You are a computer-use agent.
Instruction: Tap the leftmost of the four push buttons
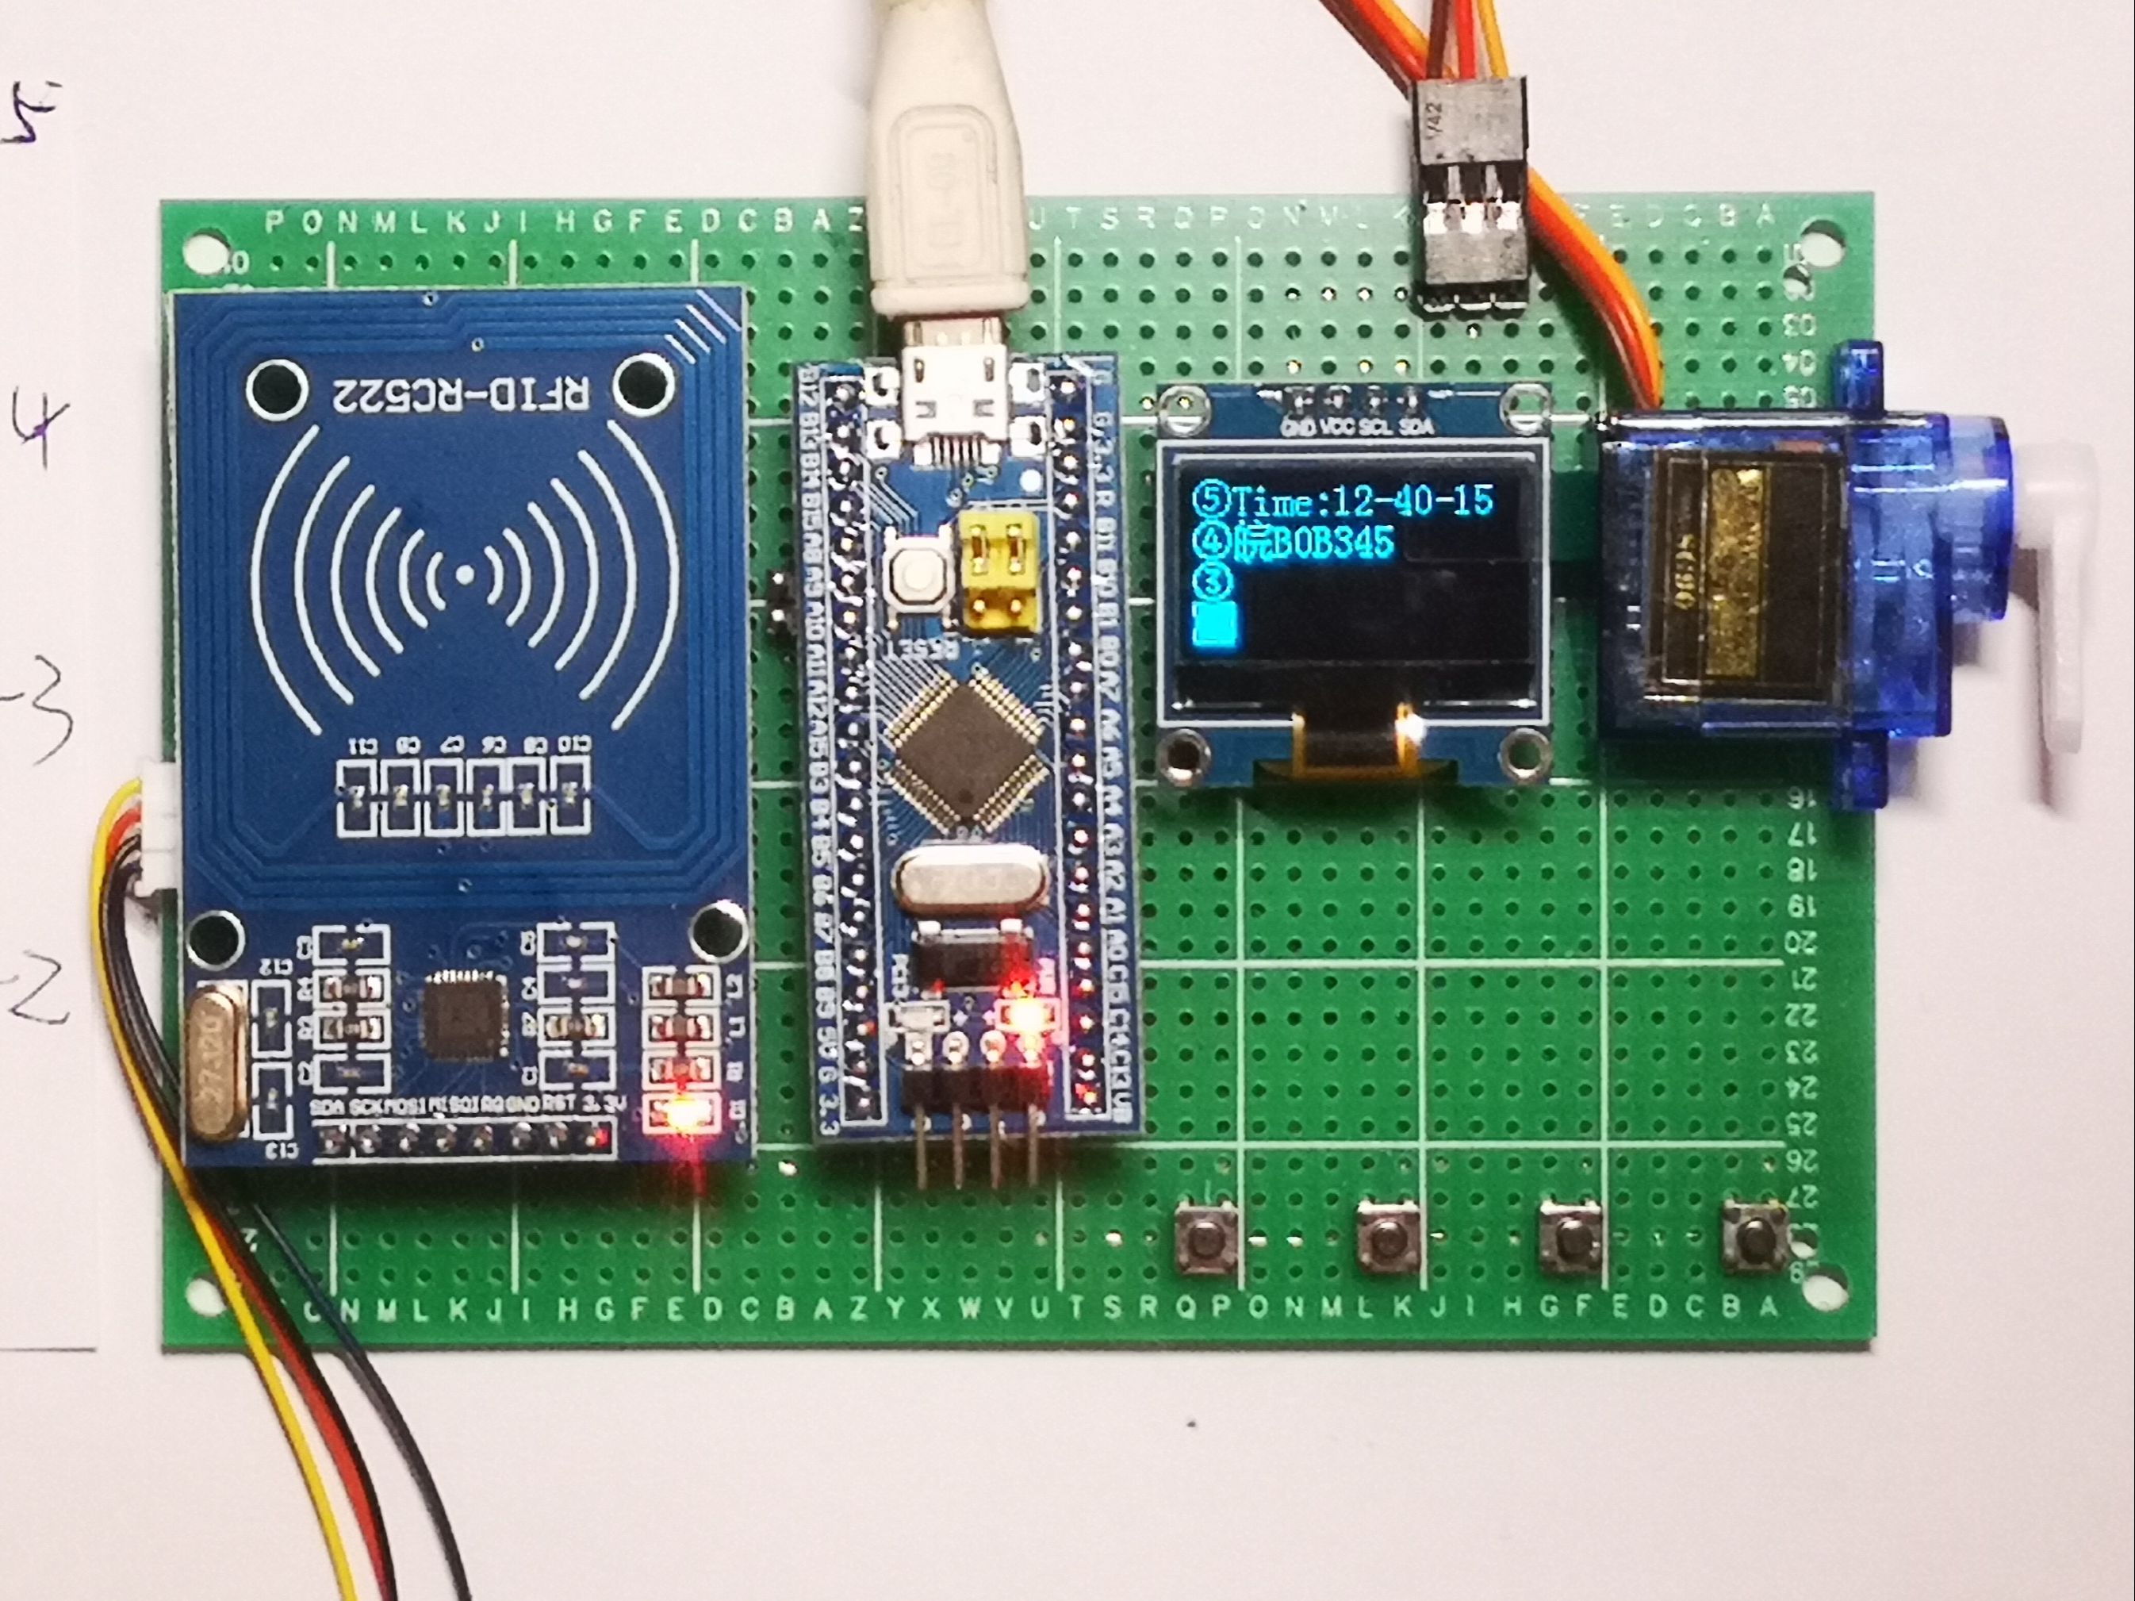1205,1240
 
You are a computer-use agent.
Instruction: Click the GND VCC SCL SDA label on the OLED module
1356,425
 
